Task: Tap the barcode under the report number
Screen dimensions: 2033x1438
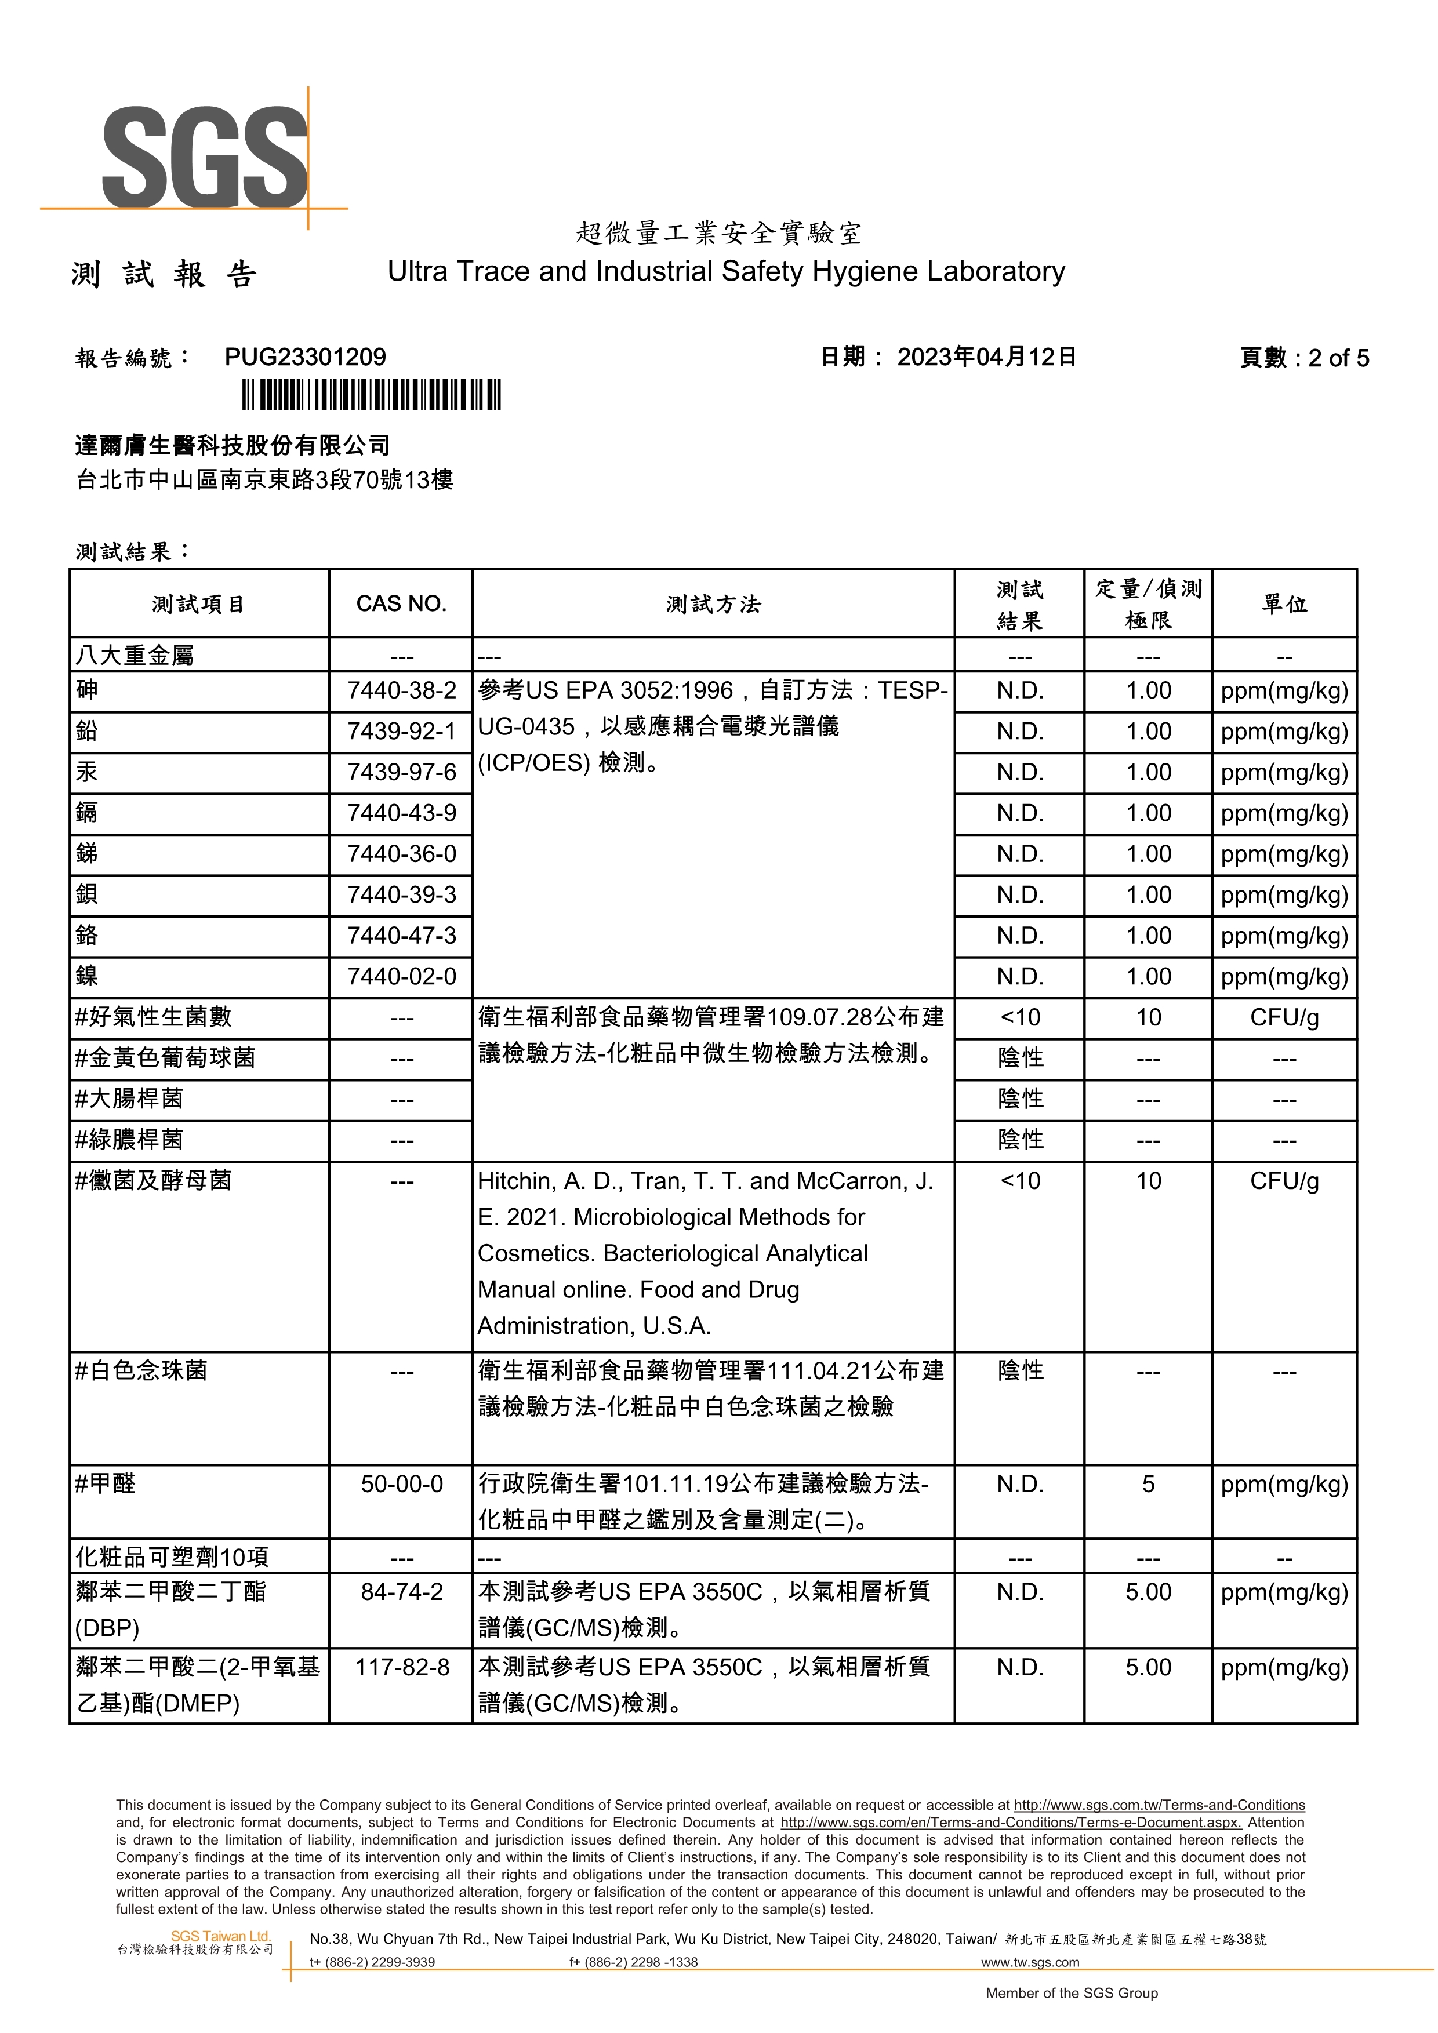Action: pyautogui.click(x=372, y=394)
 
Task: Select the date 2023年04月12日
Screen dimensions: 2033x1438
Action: pyautogui.click(x=986, y=357)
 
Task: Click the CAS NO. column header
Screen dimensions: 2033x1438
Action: pyautogui.click(x=401, y=604)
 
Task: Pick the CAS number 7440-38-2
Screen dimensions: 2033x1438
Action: pyautogui.click(x=401, y=690)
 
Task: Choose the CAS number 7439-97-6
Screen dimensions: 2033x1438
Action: pyautogui.click(x=401, y=772)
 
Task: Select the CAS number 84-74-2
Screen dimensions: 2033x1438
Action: pyautogui.click(x=401, y=1592)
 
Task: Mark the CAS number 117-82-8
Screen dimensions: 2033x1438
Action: pyautogui.click(x=401, y=1667)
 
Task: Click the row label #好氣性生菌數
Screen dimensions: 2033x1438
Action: pyautogui.click(x=153, y=1017)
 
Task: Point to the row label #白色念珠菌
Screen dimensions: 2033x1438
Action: pyautogui.click(x=141, y=1370)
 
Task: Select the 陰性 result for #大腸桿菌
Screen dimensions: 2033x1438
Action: pyautogui.click(x=1020, y=1099)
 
